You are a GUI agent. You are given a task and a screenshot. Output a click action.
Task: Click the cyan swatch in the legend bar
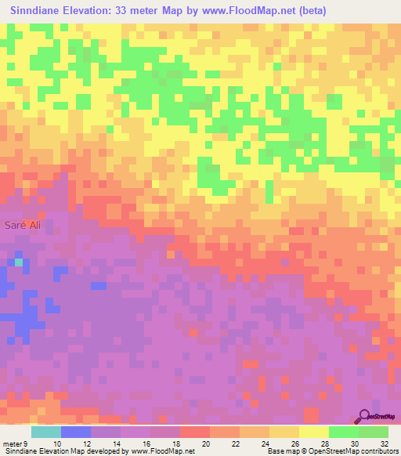click(x=46, y=432)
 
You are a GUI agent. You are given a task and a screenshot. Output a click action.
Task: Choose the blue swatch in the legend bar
click(x=76, y=432)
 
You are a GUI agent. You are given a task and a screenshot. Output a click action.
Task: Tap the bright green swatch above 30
click(x=343, y=432)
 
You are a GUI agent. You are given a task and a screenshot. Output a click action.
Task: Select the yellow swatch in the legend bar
click(x=313, y=432)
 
